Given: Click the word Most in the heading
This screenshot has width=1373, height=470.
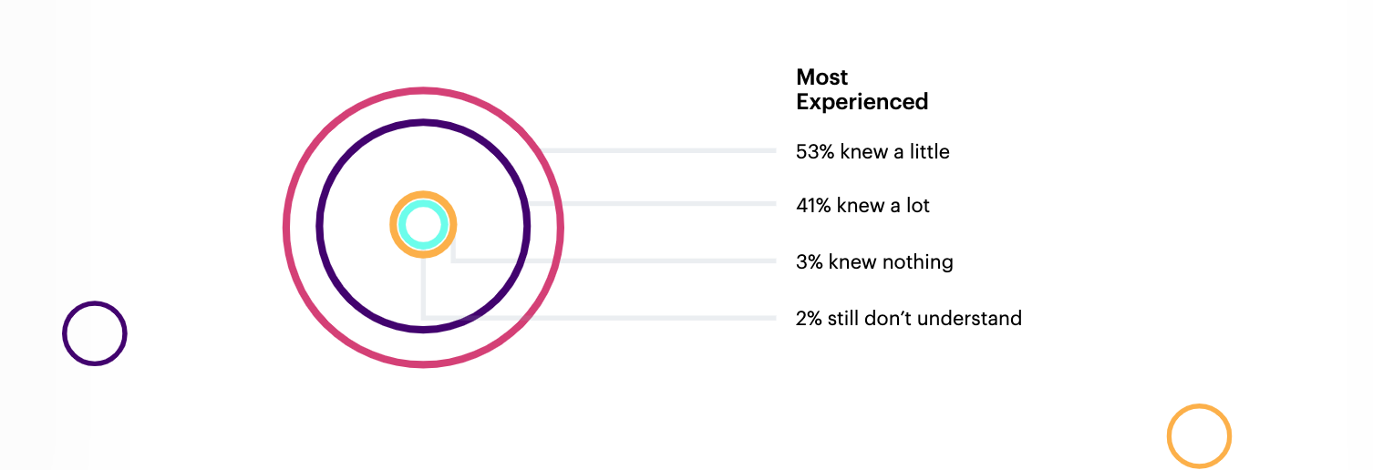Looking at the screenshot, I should pos(821,77).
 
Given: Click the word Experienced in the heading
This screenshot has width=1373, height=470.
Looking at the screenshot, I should pos(862,102).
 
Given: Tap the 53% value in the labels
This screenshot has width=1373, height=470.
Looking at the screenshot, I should pos(815,152).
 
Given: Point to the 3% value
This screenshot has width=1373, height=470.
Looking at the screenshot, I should pos(809,262).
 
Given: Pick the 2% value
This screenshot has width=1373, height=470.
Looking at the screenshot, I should pos(809,319).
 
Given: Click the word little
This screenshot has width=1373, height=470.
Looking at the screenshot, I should pos(929,152).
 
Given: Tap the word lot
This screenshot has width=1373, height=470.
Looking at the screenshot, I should pos(915,206).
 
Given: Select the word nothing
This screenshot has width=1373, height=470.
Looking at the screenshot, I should pos(918,263).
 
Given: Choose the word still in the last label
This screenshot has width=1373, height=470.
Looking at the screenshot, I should pos(842,319).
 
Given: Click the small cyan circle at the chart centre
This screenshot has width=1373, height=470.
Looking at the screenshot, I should pos(423,225).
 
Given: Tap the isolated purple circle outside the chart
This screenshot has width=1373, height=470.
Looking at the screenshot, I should pos(95,333).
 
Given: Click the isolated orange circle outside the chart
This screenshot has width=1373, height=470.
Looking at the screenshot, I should pos(1199,436).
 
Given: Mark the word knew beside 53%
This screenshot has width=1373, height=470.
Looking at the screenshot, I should pos(861,152).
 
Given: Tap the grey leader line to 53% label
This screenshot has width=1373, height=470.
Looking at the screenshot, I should pos(656,150).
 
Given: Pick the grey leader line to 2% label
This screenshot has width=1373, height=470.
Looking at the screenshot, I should pos(602,317).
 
